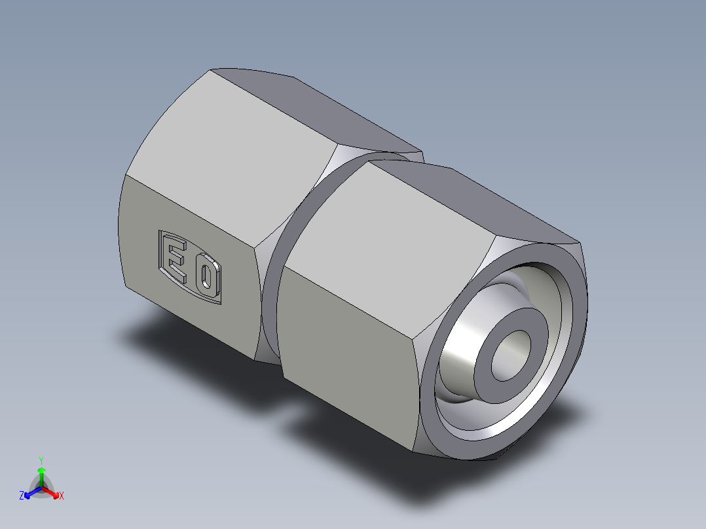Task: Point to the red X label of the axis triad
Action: coord(62,496)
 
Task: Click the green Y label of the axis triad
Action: coord(41,460)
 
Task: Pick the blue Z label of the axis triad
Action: coord(22,496)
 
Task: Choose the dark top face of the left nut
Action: coord(314,108)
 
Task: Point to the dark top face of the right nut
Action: coord(472,196)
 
